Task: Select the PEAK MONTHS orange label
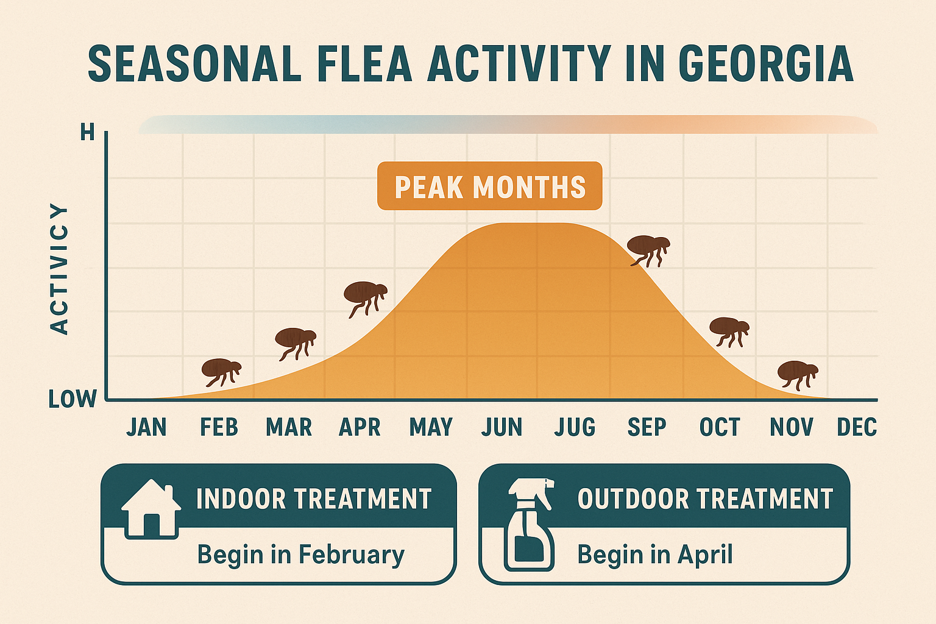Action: click(x=489, y=186)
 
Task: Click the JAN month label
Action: click(x=146, y=427)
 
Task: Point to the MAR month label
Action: click(x=289, y=427)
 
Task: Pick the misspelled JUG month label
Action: click(x=575, y=427)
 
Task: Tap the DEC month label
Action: click(x=857, y=427)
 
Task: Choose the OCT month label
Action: click(x=720, y=427)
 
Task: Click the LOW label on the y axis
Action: click(x=73, y=399)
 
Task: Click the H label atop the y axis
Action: click(x=88, y=132)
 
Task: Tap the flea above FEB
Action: click(x=221, y=371)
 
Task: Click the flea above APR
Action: click(x=364, y=296)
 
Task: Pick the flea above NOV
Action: click(x=797, y=373)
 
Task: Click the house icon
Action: click(x=151, y=508)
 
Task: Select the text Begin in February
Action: click(x=300, y=555)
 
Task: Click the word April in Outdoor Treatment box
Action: click(x=705, y=555)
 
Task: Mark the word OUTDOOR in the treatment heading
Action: click(x=633, y=498)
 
